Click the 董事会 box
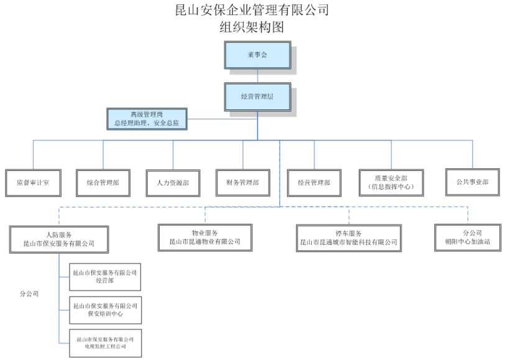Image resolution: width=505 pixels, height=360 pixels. pyautogui.click(x=257, y=55)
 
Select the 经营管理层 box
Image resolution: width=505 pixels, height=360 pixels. pyautogui.click(x=257, y=97)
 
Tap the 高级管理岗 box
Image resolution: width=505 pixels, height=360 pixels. pyautogui.click(x=147, y=119)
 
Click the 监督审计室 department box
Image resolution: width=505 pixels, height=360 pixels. pyautogui.click(x=33, y=183)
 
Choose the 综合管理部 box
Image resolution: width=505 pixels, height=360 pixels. pyautogui.click(x=103, y=183)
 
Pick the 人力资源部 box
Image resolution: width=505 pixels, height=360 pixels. pyautogui.click(x=173, y=183)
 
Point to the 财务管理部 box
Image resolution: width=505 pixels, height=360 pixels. pyautogui.click(x=243, y=182)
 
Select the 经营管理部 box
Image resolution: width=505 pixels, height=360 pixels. pyautogui.click(x=314, y=183)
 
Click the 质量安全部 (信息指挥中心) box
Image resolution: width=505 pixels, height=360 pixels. pyautogui.click(x=391, y=182)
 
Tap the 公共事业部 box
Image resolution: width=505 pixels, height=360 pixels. pyautogui.click(x=472, y=182)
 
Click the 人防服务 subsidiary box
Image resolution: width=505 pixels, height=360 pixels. pyautogui.click(x=59, y=239)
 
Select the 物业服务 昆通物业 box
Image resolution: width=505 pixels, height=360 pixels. pyautogui.click(x=204, y=238)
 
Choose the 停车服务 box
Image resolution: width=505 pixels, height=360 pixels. pyautogui.click(x=348, y=238)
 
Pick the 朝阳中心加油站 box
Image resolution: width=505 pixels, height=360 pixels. pyautogui.click(x=467, y=238)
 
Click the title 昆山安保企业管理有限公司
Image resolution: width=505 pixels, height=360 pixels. pyautogui.click(x=252, y=10)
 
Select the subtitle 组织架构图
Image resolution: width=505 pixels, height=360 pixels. pyautogui.click(x=252, y=27)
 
